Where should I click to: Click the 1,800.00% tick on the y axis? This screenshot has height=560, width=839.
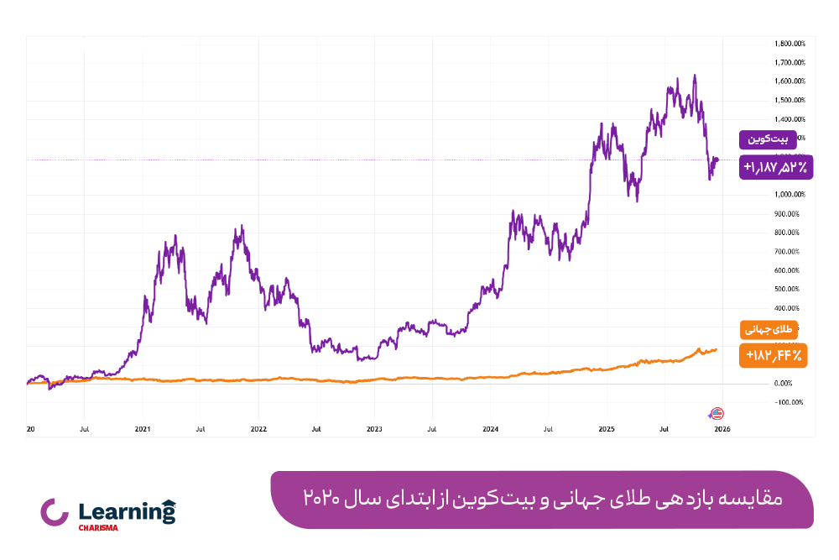pos(790,44)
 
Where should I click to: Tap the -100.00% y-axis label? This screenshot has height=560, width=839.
pos(789,402)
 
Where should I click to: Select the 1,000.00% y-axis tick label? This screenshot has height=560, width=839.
pos(790,195)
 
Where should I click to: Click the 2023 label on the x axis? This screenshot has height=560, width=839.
pos(374,428)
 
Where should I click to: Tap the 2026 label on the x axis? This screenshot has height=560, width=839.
pos(722,428)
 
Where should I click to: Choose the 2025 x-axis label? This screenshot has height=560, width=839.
pos(607,428)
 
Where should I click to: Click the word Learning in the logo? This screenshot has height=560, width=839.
pos(120,511)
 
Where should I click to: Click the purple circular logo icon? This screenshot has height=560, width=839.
pos(55,513)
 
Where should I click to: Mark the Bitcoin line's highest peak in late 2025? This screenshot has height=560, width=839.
pos(694,76)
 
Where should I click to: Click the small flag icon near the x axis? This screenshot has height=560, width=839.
pos(717,413)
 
